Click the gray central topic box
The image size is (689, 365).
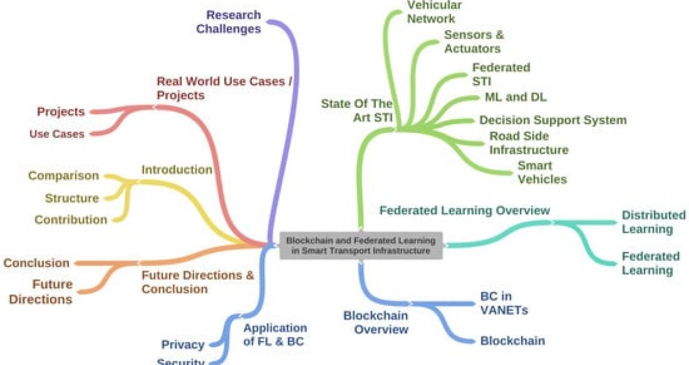pyautogui.click(x=360, y=246)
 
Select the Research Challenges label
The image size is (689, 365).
pyautogui.click(x=229, y=22)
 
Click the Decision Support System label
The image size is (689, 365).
pyautogui.click(x=552, y=120)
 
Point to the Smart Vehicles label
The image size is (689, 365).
pyautogui.click(x=542, y=172)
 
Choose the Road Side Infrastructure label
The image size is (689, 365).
pyautogui.click(x=528, y=143)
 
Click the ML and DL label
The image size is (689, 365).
pyautogui.click(x=515, y=97)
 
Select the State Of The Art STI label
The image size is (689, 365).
pyautogui.click(x=357, y=111)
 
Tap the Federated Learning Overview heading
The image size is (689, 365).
pyautogui.click(x=465, y=210)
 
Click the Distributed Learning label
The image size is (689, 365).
pyautogui.click(x=653, y=222)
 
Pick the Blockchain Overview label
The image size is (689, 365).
pyautogui.click(x=375, y=322)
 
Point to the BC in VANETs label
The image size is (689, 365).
pyautogui.click(x=504, y=303)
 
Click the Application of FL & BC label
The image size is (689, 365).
pyautogui.click(x=274, y=335)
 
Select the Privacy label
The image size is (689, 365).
pyautogui.click(x=183, y=344)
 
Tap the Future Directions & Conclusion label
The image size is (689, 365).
pyautogui.click(x=198, y=282)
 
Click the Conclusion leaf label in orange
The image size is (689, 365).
pyautogui.click(x=36, y=263)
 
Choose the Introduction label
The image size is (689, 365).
pyautogui.click(x=177, y=169)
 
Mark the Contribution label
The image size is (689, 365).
pyautogui.click(x=71, y=220)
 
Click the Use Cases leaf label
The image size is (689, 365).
pyautogui.click(x=57, y=134)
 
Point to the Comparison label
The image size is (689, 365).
pyautogui.click(x=63, y=176)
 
